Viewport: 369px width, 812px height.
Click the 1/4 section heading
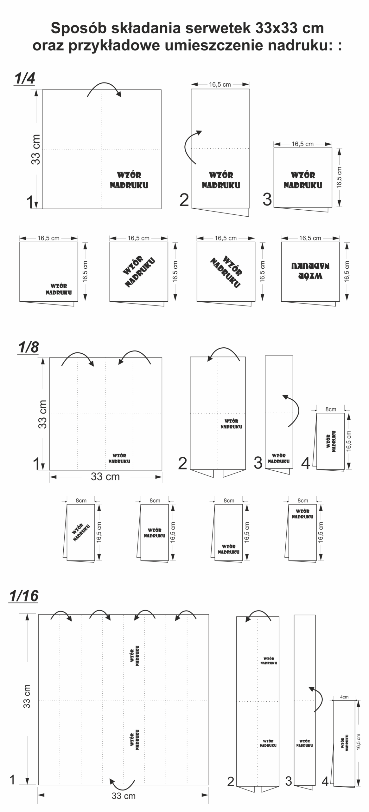(x=24, y=78)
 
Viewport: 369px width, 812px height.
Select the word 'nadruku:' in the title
(x=301, y=45)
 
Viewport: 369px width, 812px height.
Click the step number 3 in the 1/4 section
(x=267, y=199)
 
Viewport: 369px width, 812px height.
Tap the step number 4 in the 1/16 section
(x=325, y=782)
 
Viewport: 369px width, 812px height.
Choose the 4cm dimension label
(x=344, y=697)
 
